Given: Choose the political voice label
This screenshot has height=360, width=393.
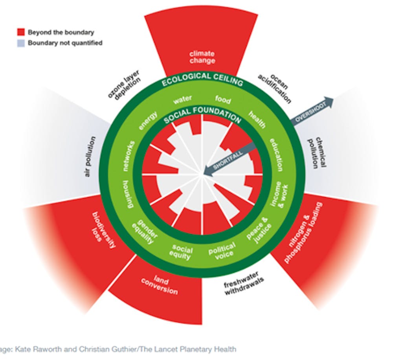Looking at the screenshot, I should [x=222, y=251].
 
